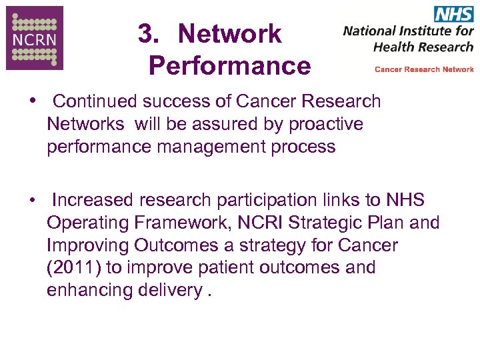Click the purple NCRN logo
tap(35, 38)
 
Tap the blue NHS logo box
tap(453, 14)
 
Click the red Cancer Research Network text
tap(424, 69)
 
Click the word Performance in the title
tap(229, 66)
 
